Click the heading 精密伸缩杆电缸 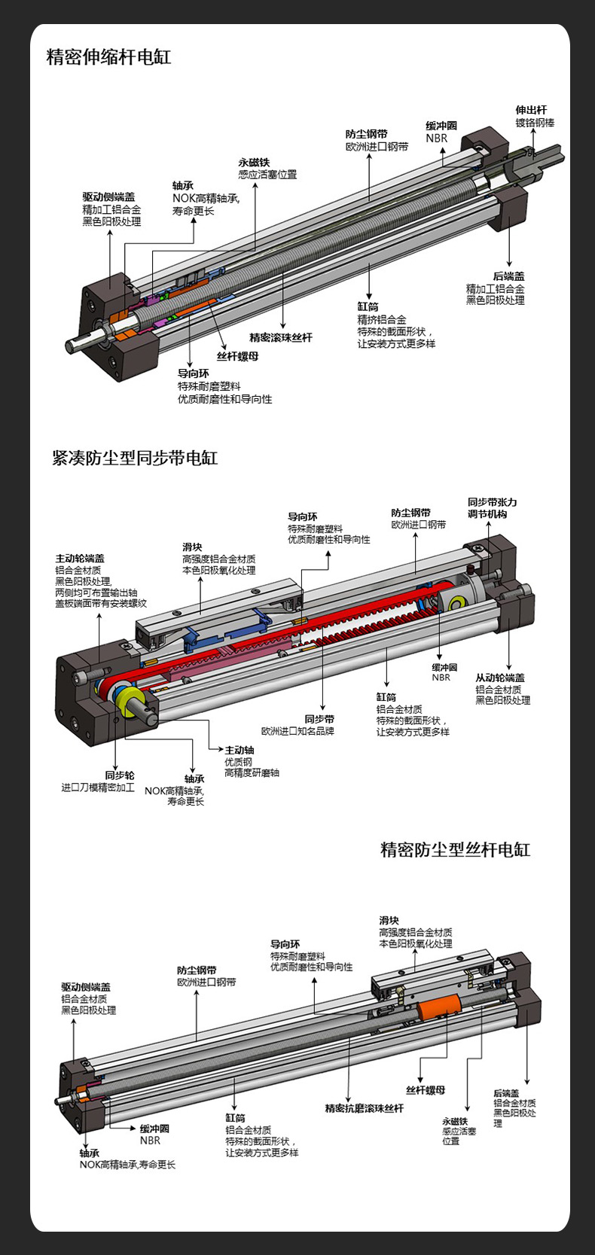click(x=109, y=57)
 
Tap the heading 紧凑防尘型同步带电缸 click(x=135, y=458)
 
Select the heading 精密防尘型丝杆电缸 click(x=456, y=850)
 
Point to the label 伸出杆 click(x=531, y=110)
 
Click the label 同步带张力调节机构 click(x=492, y=508)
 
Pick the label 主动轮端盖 click(x=79, y=558)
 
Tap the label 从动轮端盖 click(x=500, y=678)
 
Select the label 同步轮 click(x=120, y=775)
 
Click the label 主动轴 click(x=240, y=750)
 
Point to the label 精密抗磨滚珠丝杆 click(x=365, y=1108)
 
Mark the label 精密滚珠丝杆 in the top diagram click(x=281, y=337)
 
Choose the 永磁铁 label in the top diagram click(x=254, y=162)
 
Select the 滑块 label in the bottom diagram click(x=389, y=920)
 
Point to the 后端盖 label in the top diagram click(x=509, y=276)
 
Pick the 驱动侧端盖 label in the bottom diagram click(x=86, y=986)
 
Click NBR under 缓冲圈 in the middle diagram click(x=441, y=678)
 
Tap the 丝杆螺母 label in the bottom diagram click(x=426, y=1089)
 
